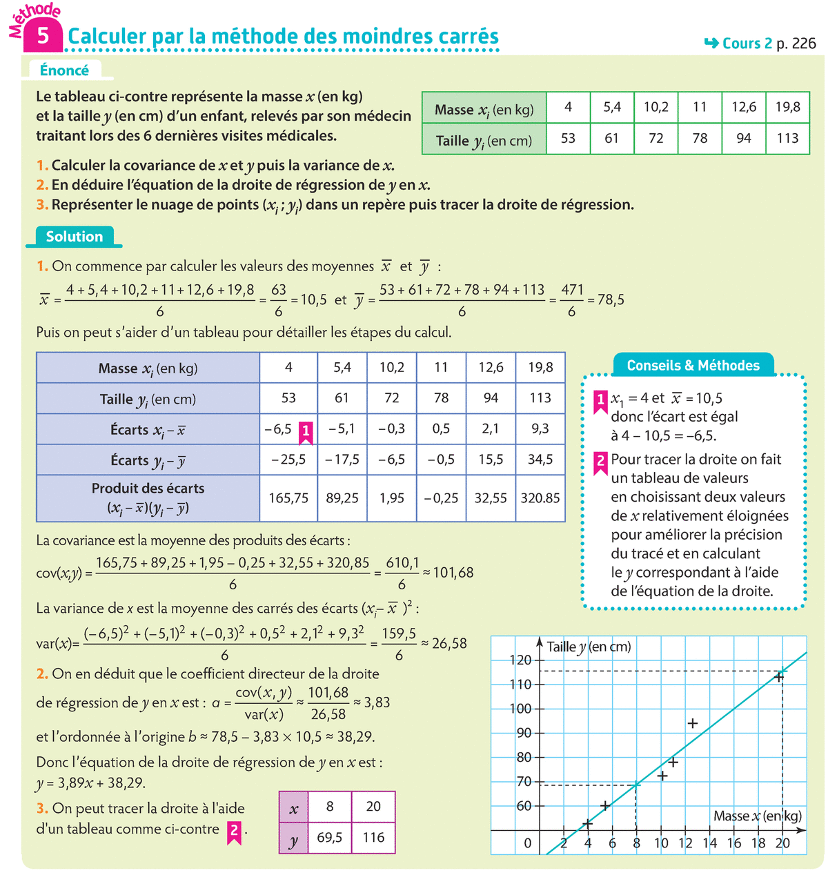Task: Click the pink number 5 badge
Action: [43, 36]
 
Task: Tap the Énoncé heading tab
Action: [64, 70]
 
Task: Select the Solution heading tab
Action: [74, 237]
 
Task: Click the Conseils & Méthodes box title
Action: [693, 365]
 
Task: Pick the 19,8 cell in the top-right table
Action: [787, 107]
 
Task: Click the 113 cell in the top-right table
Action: [787, 138]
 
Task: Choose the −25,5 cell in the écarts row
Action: [288, 460]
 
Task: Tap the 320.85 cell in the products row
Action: [540, 498]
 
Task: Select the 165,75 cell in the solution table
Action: [288, 498]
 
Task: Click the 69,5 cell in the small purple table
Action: [330, 837]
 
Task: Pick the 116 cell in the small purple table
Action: [373, 837]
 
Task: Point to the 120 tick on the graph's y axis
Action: [521, 660]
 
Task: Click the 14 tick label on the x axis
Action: [709, 843]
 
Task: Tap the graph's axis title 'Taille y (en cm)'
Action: [589, 647]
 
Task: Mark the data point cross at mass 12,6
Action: [693, 723]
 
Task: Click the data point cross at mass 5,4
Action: [605, 805]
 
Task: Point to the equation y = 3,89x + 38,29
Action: [91, 783]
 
